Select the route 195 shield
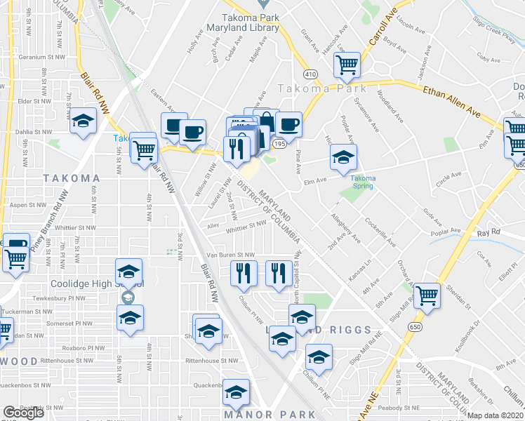tap(279, 143)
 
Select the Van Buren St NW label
tap(230, 255)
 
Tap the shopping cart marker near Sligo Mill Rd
tap(427, 295)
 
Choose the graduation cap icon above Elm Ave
tap(343, 157)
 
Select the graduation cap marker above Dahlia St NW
tap(83, 121)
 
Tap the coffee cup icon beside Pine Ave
tap(288, 125)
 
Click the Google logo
tap(23, 413)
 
